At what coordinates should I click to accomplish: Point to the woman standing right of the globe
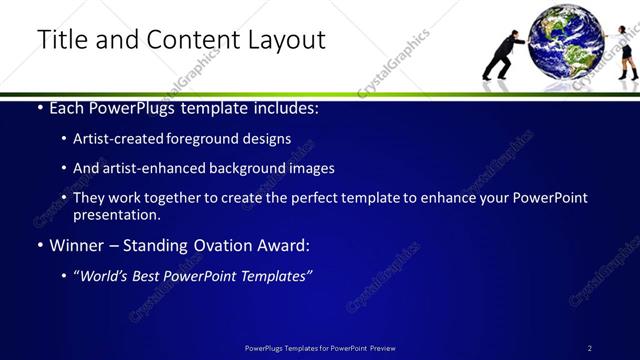(627, 54)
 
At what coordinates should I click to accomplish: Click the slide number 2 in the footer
(590, 348)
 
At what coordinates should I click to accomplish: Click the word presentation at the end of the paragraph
(116, 214)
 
